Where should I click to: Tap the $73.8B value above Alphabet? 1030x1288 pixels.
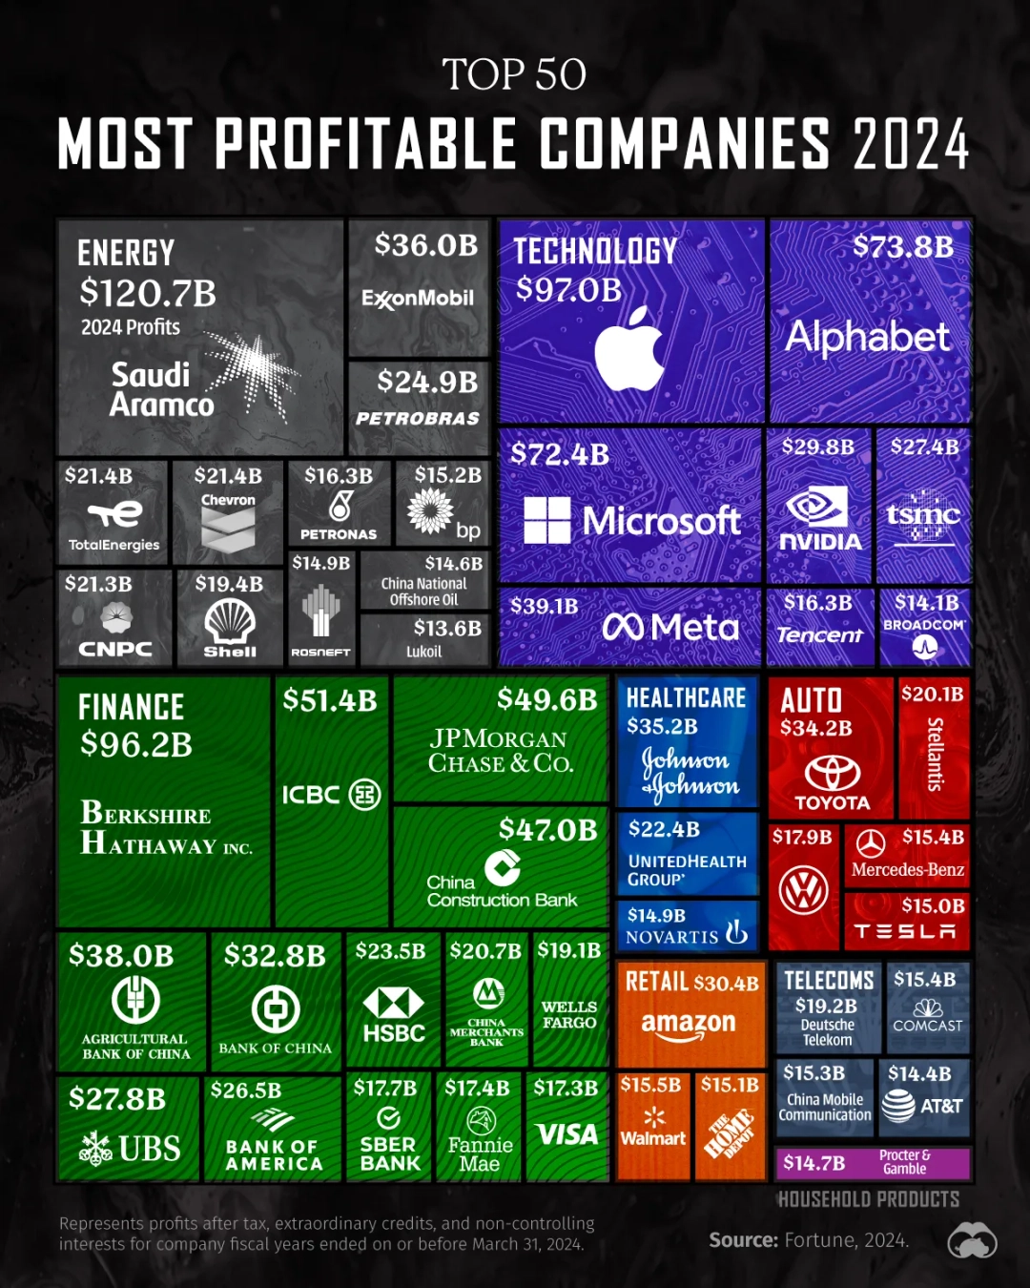(902, 247)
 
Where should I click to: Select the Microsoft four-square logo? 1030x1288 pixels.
(547, 520)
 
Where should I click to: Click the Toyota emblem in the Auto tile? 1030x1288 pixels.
(833, 772)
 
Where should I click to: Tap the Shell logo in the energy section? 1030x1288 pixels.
(230, 622)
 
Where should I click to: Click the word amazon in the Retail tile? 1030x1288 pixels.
(689, 1023)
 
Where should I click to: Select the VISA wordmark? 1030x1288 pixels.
(567, 1134)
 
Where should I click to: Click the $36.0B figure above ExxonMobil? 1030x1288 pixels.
(425, 245)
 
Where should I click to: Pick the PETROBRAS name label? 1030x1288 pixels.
(418, 419)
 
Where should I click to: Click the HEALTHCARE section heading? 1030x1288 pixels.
(686, 698)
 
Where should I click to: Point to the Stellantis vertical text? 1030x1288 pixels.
(935, 754)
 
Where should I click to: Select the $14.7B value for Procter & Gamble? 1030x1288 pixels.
(814, 1162)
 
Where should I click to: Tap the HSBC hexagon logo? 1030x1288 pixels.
(394, 1003)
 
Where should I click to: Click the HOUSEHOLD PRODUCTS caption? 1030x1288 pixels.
(868, 1199)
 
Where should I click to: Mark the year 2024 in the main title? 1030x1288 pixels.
(911, 145)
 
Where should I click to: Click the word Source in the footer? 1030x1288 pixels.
(743, 1239)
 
